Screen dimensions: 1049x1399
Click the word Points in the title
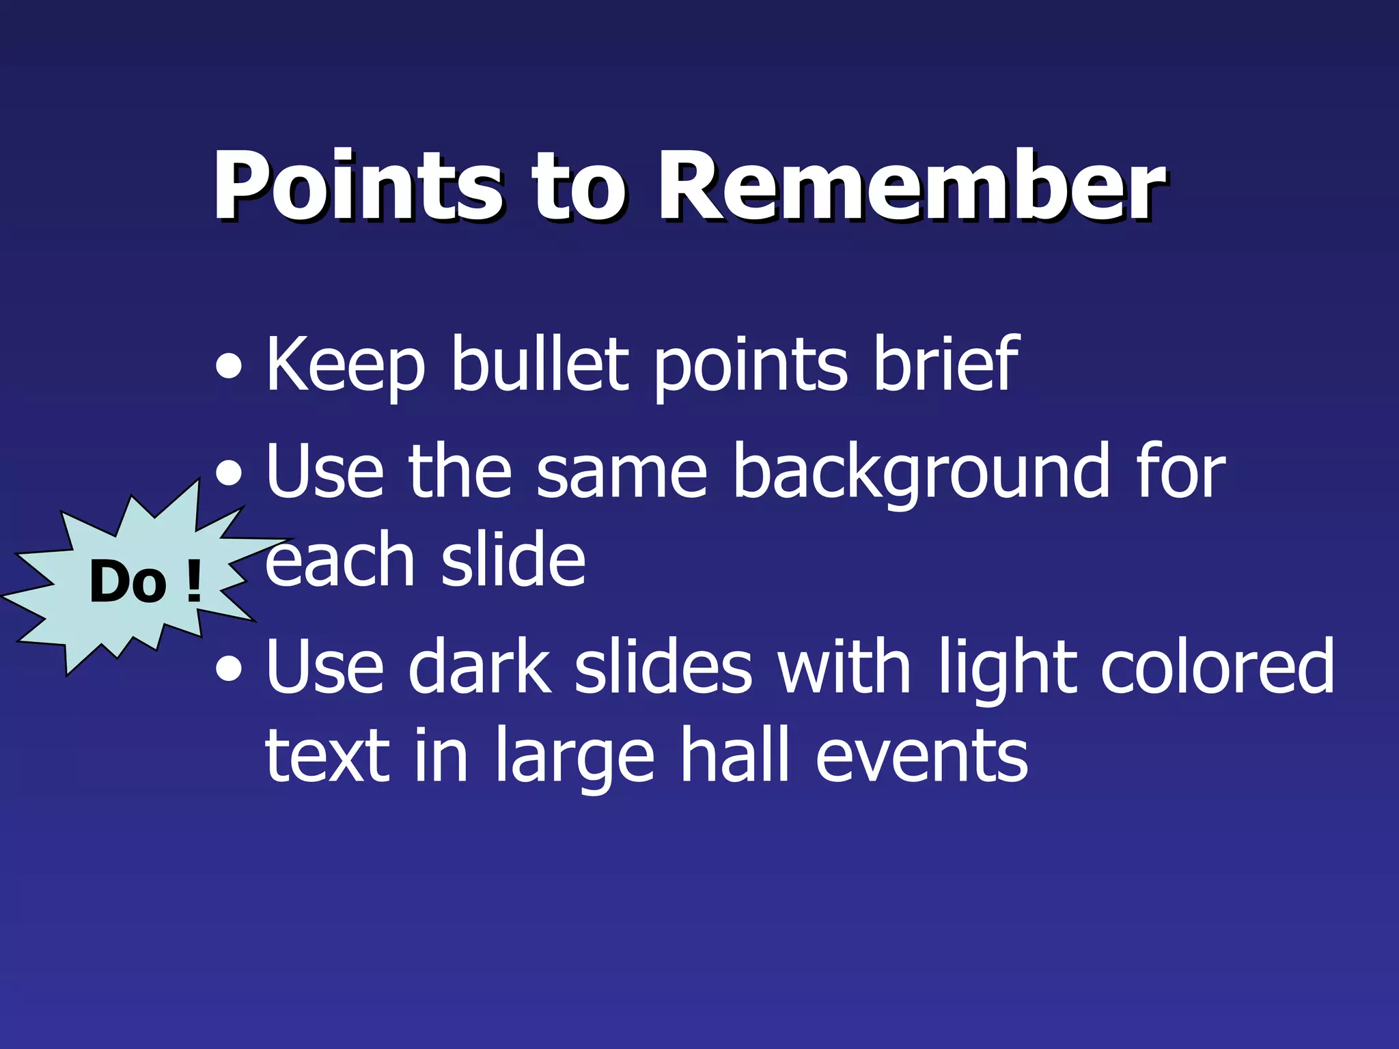[358, 186]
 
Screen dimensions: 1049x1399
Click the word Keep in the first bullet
[345, 365]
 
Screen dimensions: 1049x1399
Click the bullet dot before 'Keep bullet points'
[228, 367]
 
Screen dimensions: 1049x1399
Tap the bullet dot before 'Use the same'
[228, 473]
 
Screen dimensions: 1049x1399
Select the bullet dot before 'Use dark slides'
[228, 669]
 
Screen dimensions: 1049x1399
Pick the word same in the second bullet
[621, 473]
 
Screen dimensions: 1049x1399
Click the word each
[340, 560]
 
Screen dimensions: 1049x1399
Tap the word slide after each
[513, 560]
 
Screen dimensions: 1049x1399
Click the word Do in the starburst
[128, 582]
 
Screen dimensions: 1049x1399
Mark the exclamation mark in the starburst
[193, 582]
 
